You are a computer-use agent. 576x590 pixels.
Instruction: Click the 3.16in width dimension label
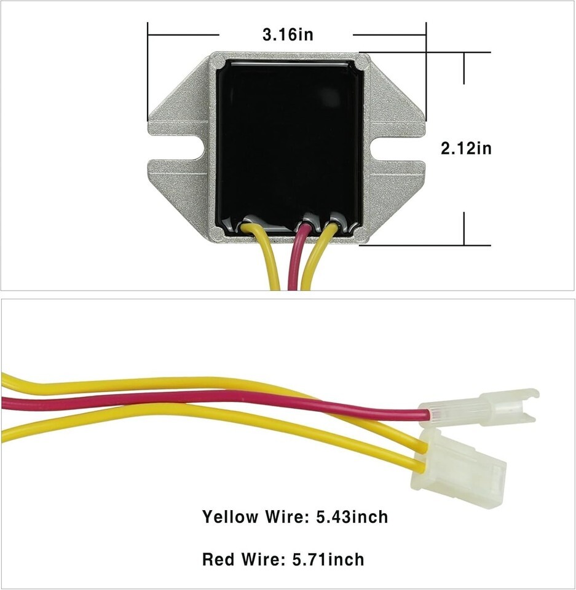(288, 34)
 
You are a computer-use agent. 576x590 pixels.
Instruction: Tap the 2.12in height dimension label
(466, 148)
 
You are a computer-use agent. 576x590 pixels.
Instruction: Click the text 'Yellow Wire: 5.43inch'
(295, 517)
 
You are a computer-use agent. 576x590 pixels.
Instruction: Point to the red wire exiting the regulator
(296, 258)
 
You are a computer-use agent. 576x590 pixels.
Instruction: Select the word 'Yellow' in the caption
(231, 517)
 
